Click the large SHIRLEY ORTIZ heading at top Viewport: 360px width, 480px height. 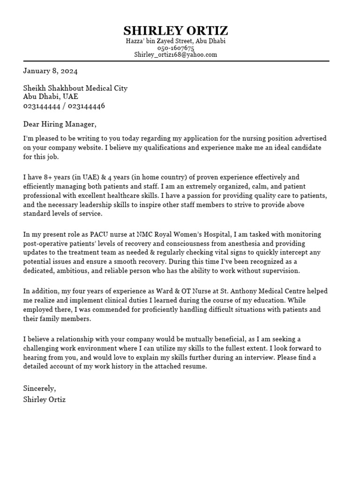click(176, 31)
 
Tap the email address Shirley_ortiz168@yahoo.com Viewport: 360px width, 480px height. click(176, 54)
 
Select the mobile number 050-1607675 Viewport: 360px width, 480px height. click(176, 48)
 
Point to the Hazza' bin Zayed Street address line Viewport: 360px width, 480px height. click(176, 41)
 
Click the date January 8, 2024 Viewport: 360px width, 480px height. click(51, 71)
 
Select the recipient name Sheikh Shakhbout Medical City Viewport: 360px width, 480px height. click(75, 88)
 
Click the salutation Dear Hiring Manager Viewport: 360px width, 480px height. click(60, 124)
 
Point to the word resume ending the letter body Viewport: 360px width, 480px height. click(194, 367)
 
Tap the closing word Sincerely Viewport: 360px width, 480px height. click(39, 389)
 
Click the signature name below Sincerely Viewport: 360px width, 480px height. click(45, 400)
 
